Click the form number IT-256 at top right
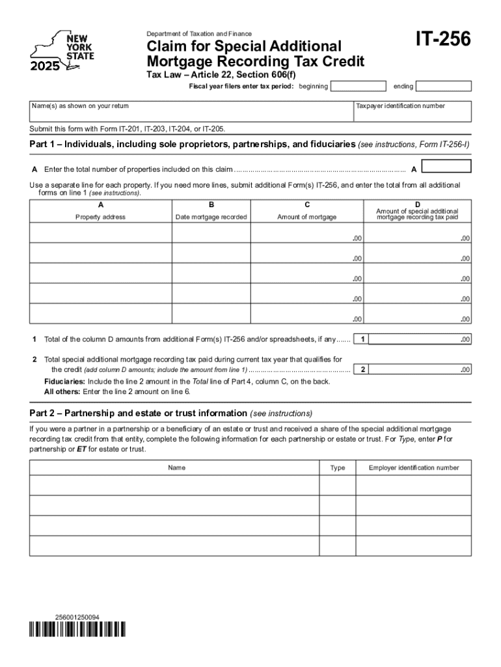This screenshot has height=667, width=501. pos(443,40)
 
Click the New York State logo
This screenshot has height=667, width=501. pos(62,51)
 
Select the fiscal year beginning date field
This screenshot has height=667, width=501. pos(358,87)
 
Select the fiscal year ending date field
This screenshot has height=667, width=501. pos(443,87)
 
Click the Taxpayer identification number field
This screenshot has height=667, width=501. pos(412,111)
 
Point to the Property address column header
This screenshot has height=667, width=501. pos(100,217)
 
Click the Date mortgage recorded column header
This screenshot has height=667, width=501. pos(211,217)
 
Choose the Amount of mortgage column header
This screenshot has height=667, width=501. pos(306,217)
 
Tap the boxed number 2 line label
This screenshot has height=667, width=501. pos(363,370)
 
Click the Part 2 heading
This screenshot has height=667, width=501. pos(171,414)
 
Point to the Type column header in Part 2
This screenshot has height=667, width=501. pos(337,468)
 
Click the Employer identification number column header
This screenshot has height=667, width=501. pos(413,468)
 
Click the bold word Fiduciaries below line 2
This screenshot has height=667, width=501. pos(64,382)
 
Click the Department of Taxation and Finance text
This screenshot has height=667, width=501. pos(199,34)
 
